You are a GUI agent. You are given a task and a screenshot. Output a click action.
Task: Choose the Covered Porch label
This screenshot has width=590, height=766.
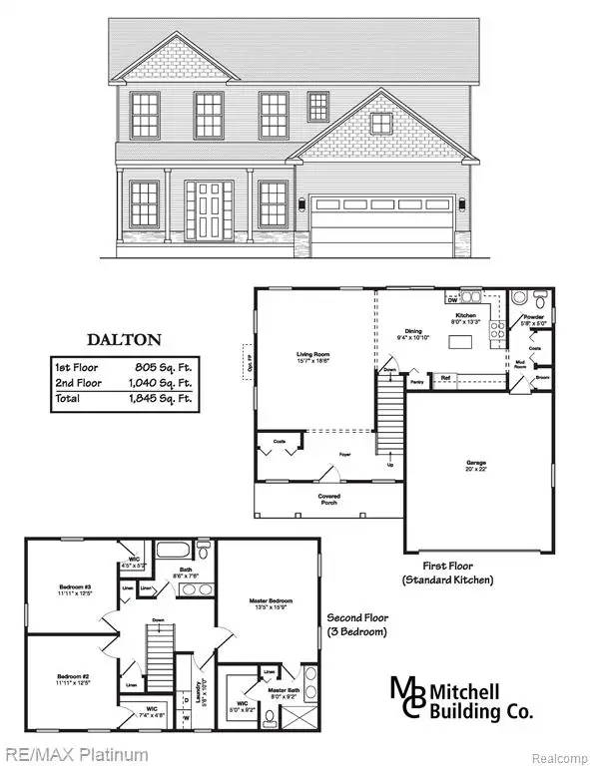pos(328,499)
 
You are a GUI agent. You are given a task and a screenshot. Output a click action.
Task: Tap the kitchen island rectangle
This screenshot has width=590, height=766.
pos(460,343)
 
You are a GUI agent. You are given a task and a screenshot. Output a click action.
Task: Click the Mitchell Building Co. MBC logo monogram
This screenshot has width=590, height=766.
pos(407,697)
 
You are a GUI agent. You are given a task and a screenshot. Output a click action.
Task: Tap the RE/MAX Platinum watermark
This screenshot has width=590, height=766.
pos(75,754)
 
